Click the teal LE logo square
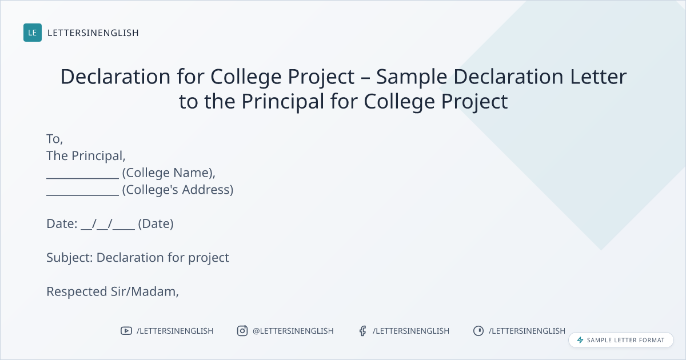pyautogui.click(x=33, y=33)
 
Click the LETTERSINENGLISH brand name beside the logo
pyautogui.click(x=93, y=33)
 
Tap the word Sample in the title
pyautogui.click(x=412, y=77)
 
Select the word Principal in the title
pyautogui.click(x=282, y=101)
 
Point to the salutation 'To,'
pyautogui.click(x=55, y=139)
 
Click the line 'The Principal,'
pyautogui.click(x=86, y=156)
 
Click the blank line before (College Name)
pyautogui.click(x=83, y=178)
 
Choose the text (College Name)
pyautogui.click(x=169, y=173)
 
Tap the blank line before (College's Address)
pyautogui.click(x=83, y=195)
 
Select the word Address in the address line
pyautogui.click(x=208, y=190)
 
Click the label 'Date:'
pyautogui.click(x=62, y=224)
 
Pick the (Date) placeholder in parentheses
pyautogui.click(x=156, y=224)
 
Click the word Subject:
pyautogui.click(x=70, y=258)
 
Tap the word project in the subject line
pyautogui.click(x=209, y=258)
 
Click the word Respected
pyautogui.click(x=77, y=292)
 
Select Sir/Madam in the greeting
pyautogui.click(x=145, y=292)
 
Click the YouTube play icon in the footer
pyautogui.click(x=126, y=331)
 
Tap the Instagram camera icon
pyautogui.click(x=242, y=331)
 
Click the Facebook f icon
pyautogui.click(x=363, y=331)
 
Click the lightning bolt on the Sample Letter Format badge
pyautogui.click(x=580, y=340)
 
